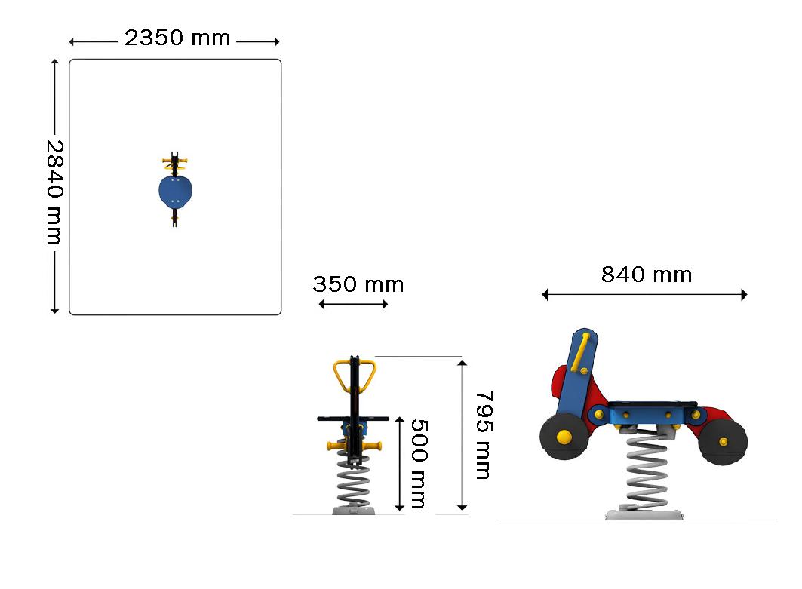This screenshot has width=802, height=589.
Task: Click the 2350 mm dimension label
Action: (177, 38)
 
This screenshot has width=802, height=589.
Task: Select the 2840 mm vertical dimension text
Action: (54, 192)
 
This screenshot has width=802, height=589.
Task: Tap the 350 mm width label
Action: (358, 284)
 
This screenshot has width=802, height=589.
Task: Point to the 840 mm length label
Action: (647, 275)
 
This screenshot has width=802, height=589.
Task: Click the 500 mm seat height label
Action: (419, 464)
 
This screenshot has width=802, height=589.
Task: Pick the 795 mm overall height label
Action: (484, 435)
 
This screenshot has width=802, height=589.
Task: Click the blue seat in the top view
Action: (176, 190)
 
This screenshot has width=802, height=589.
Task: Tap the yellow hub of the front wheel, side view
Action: (564, 436)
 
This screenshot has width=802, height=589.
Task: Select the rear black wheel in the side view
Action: (722, 442)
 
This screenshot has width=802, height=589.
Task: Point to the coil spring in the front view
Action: (353, 484)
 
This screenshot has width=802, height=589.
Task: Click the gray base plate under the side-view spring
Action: (644, 514)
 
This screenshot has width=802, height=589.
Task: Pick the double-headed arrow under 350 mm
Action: (353, 304)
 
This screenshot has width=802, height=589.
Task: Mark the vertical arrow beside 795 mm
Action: (462, 435)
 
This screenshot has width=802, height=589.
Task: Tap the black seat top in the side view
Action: (652, 404)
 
